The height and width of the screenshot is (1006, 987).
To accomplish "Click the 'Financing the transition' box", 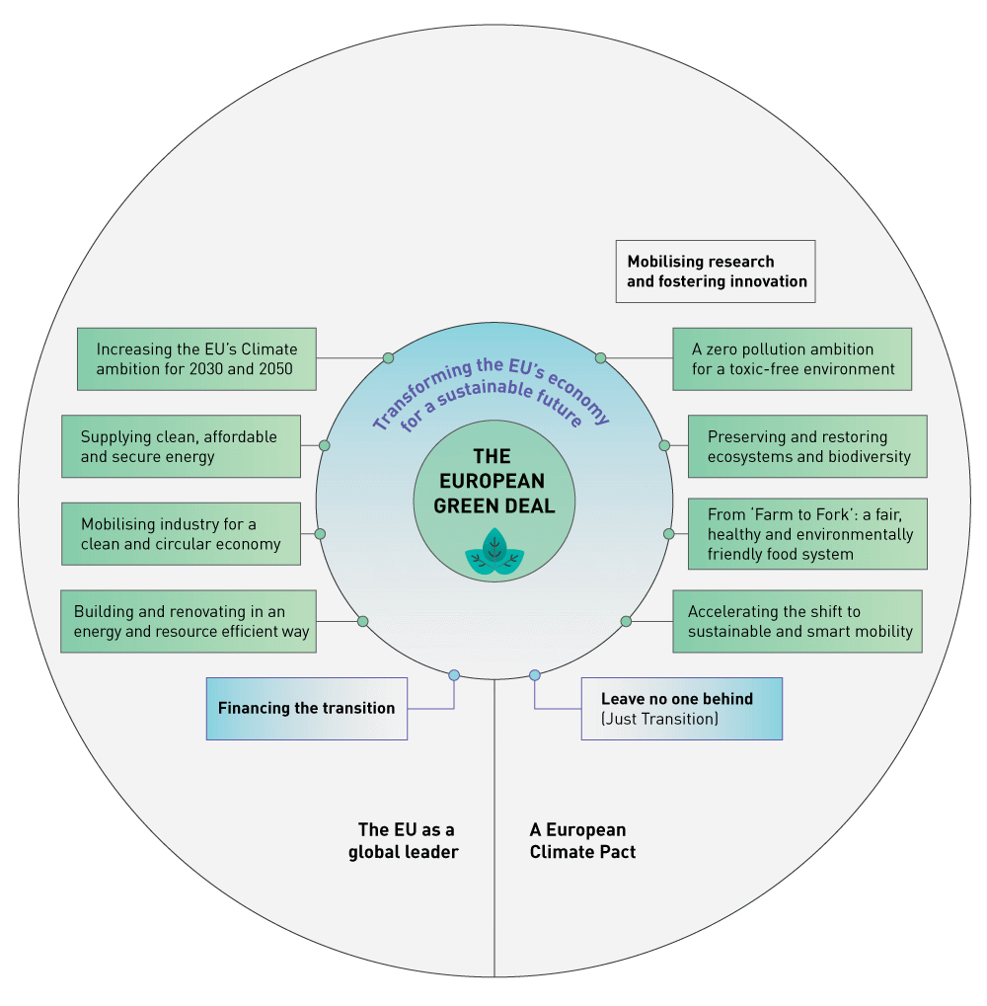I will pyautogui.click(x=306, y=708).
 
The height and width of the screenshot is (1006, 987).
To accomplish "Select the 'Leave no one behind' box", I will pyautogui.click(x=681, y=708).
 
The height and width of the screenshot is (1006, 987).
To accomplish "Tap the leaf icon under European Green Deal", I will pyautogui.click(x=494, y=552).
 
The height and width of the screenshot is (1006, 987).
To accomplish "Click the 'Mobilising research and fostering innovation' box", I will pyautogui.click(x=716, y=271).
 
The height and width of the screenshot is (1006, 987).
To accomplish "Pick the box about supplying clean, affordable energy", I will pyautogui.click(x=181, y=446).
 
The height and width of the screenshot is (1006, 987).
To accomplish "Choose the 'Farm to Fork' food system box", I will pyautogui.click(x=807, y=534).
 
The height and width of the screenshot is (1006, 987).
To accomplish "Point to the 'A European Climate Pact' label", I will pyautogui.click(x=582, y=841).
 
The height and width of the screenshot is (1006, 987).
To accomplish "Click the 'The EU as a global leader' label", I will pyautogui.click(x=405, y=841).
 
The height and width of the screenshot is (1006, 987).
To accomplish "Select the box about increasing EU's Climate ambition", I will pyautogui.click(x=196, y=359).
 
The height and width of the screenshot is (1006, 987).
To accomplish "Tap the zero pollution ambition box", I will pyautogui.click(x=792, y=359).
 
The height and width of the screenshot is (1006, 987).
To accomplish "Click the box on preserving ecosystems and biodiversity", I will pyautogui.click(x=807, y=446).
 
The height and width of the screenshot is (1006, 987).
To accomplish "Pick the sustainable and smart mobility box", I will pyautogui.click(x=797, y=621).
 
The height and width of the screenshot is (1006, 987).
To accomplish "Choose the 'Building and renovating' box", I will pyautogui.click(x=189, y=621).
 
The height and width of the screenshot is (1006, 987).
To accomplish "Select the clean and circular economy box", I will pyautogui.click(x=181, y=534).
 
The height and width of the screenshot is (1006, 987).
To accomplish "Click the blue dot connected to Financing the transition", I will pyautogui.click(x=454, y=675).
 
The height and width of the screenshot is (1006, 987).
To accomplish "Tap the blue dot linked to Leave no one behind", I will pyautogui.click(x=535, y=675).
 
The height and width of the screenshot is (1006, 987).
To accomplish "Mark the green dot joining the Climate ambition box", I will pyautogui.click(x=388, y=357).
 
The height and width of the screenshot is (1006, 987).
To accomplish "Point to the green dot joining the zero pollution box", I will pyautogui.click(x=600, y=357).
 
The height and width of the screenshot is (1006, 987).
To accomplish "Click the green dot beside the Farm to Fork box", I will pyautogui.click(x=669, y=534).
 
